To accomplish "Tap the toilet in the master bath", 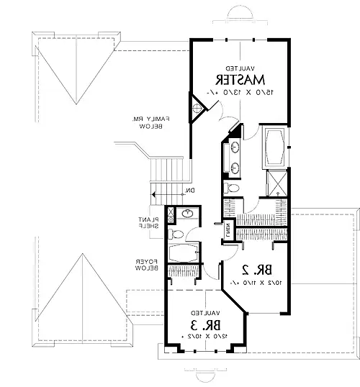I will pos(232,188).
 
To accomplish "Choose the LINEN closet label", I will pos(227,230).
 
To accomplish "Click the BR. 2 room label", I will pos(256,270).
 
